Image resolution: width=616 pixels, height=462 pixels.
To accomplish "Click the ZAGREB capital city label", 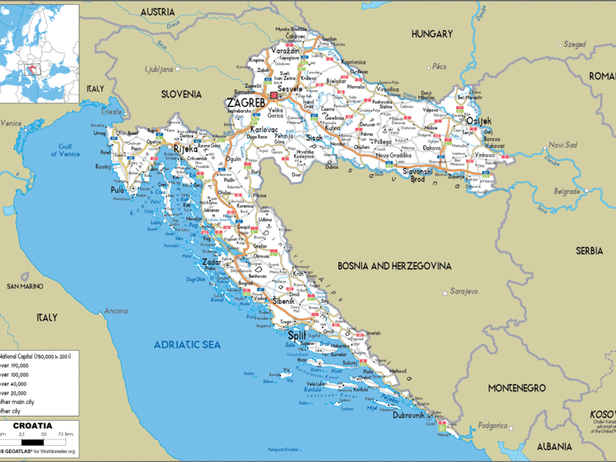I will [246, 102].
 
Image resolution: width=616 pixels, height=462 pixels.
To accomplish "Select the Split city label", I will [297, 335].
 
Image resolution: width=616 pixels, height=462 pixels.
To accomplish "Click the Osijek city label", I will [479, 120].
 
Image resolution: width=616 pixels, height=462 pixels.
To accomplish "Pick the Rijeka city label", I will [185, 148].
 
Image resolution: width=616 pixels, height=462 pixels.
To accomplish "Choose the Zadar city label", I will [211, 262].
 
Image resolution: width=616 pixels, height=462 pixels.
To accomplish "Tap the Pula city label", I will [117, 190].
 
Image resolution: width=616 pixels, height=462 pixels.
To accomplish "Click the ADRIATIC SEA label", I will [186, 344].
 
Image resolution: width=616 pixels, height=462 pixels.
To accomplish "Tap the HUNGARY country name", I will [433, 34].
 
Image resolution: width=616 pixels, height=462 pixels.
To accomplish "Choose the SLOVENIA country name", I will [181, 94].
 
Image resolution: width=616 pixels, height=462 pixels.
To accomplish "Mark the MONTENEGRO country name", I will [517, 387].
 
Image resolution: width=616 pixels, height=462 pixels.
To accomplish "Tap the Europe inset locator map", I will [39, 53].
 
